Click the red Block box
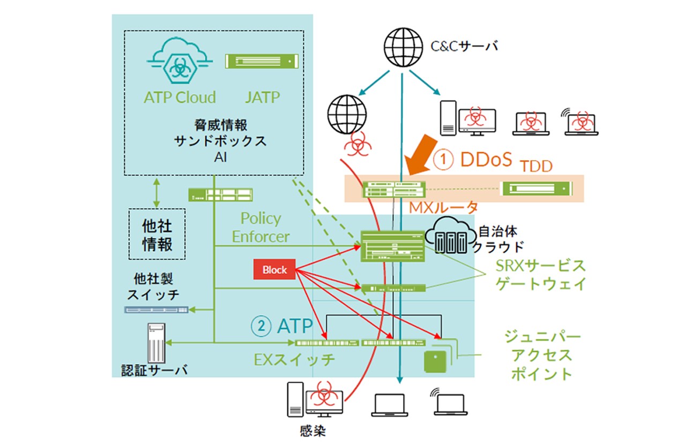point(274,270)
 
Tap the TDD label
point(536,166)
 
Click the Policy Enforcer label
point(261,227)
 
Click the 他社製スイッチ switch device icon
point(156,310)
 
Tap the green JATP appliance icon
point(260,61)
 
